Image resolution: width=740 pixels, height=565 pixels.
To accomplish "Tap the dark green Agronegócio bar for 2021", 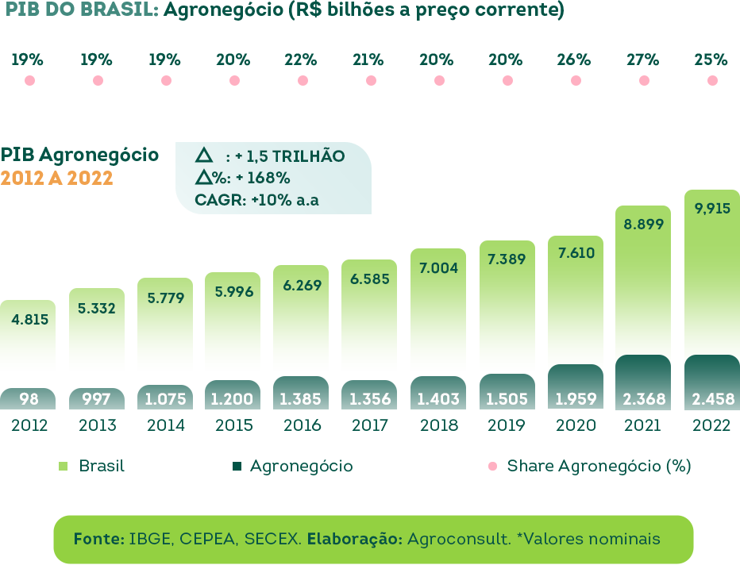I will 643,382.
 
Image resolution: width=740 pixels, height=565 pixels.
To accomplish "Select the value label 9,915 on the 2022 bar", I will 711,209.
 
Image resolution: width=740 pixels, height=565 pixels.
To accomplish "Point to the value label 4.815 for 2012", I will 30,320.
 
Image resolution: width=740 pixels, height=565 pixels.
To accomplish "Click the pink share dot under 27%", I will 644,81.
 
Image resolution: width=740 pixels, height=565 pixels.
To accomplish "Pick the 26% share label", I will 574,60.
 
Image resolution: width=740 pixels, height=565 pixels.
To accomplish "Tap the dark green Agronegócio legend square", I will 237,467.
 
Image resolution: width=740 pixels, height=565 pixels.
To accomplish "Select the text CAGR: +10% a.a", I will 256,200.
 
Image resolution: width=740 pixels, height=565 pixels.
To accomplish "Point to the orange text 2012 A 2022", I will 56,178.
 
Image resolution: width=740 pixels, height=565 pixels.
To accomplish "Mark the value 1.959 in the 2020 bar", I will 575,398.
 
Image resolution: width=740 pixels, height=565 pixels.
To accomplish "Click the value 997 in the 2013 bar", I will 97,399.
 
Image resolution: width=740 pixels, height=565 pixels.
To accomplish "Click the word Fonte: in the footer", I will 98,539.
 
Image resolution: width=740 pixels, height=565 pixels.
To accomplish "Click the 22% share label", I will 302,60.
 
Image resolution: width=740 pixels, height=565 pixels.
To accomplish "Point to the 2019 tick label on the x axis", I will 507,425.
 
